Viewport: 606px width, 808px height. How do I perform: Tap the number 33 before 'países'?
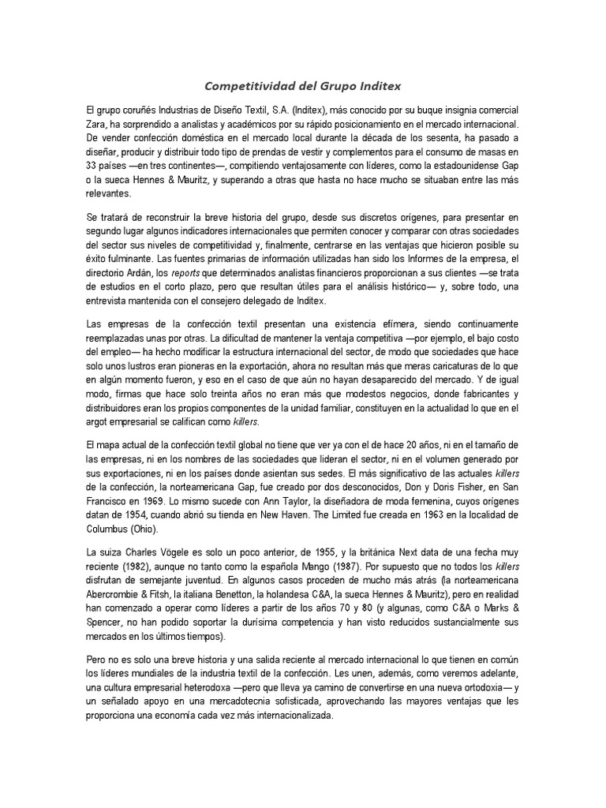[x=94, y=166]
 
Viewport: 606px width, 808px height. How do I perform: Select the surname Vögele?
[x=196, y=554]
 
